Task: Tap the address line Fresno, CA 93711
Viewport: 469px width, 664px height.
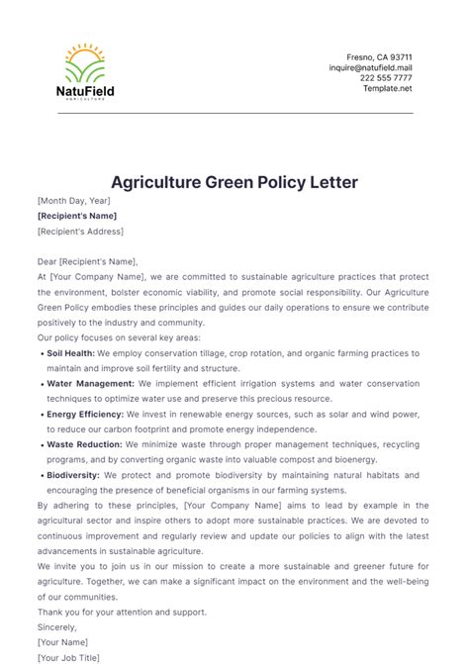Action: [x=379, y=57]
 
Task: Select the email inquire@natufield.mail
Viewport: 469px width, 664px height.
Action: [x=370, y=68]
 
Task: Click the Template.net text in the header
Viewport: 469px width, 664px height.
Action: [x=387, y=88]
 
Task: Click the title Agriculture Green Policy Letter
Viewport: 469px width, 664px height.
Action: [x=234, y=182]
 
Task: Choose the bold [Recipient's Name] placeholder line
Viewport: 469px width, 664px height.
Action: [x=77, y=216]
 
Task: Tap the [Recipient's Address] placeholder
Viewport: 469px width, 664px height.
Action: [x=81, y=232]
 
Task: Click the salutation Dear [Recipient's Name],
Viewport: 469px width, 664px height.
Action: [x=89, y=262]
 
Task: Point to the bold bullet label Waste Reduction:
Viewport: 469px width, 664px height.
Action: [x=85, y=445]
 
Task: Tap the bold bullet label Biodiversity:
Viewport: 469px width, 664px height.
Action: [x=74, y=476]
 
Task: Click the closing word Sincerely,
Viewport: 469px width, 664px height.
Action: [x=58, y=626]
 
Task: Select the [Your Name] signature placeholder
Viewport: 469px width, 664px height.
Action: [x=61, y=641]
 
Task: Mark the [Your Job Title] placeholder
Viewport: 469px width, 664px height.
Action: [x=68, y=656]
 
